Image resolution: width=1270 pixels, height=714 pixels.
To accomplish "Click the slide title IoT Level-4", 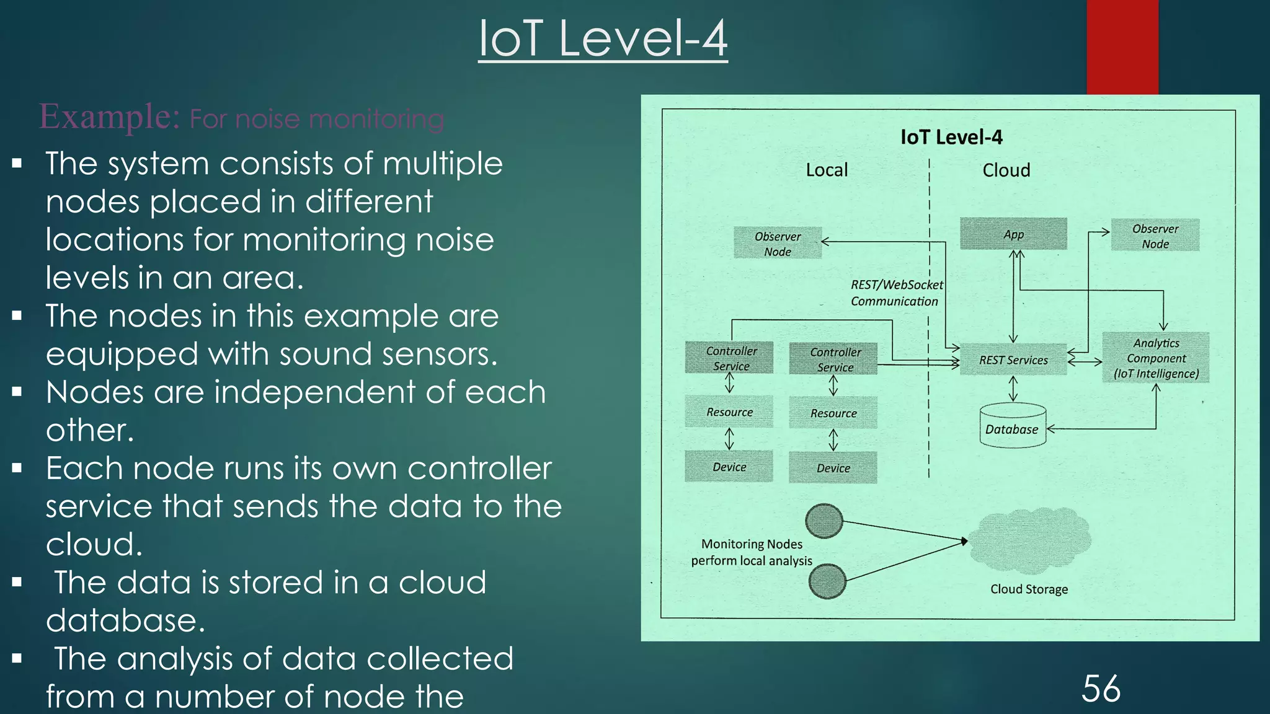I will tap(603, 38).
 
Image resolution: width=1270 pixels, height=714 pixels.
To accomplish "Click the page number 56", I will tap(1101, 689).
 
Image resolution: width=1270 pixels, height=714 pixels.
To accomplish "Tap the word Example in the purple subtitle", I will tap(109, 117).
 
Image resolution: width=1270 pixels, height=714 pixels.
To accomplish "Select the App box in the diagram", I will tap(1013, 234).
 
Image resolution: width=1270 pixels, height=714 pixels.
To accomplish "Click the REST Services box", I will tap(1013, 360).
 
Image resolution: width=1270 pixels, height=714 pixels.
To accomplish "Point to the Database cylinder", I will tap(1012, 428).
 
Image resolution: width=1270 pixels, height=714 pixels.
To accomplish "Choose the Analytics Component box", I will tap(1156, 358).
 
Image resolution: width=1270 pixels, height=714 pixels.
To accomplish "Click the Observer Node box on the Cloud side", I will tap(1155, 236).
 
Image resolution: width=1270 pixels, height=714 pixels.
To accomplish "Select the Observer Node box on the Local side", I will tap(778, 244).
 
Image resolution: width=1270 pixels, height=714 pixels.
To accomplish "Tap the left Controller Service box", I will tap(730, 358).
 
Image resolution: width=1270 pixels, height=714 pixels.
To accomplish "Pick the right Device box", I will tap(833, 468).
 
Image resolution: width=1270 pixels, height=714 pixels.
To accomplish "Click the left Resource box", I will tap(729, 412).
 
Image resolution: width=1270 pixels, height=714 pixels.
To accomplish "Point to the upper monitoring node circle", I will tap(824, 521).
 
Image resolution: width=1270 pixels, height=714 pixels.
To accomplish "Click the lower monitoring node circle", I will tap(827, 581).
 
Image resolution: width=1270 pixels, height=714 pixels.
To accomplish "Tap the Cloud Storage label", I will tap(1029, 589).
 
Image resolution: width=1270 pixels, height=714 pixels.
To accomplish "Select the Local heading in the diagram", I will tap(826, 170).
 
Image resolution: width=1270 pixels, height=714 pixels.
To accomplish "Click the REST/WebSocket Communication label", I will tap(895, 293).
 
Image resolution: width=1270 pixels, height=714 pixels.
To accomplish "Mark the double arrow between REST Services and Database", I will tap(1013, 389).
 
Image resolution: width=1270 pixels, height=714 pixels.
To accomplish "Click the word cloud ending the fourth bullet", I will tap(94, 544).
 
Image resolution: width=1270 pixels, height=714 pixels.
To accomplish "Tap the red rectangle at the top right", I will tap(1122, 46).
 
